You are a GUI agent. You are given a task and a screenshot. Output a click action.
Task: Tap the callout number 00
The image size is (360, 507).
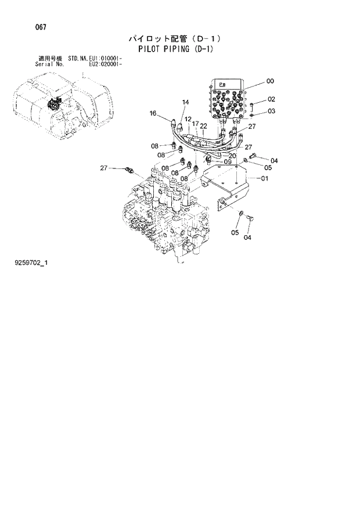[270, 81]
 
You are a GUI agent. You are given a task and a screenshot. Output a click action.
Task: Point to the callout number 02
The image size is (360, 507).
[271, 99]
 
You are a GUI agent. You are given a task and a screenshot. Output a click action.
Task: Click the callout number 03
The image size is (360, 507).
[271, 110]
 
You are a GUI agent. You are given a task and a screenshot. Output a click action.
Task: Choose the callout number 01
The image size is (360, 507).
[264, 178]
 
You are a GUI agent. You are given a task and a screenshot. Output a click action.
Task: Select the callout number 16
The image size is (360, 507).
[153, 113]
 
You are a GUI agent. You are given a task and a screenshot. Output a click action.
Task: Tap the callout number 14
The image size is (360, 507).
[185, 103]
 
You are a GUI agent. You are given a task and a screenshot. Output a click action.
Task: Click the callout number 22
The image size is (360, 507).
[203, 125]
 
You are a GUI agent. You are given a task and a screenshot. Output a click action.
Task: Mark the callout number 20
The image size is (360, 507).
[232, 156]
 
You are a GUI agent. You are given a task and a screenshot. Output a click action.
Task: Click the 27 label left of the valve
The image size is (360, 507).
[104, 168]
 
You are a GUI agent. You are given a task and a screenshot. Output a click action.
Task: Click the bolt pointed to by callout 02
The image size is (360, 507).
[254, 105]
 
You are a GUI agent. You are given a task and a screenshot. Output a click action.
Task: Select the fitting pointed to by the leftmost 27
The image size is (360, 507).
[129, 171]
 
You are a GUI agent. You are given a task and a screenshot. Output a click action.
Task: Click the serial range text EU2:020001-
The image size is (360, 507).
[105, 64]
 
